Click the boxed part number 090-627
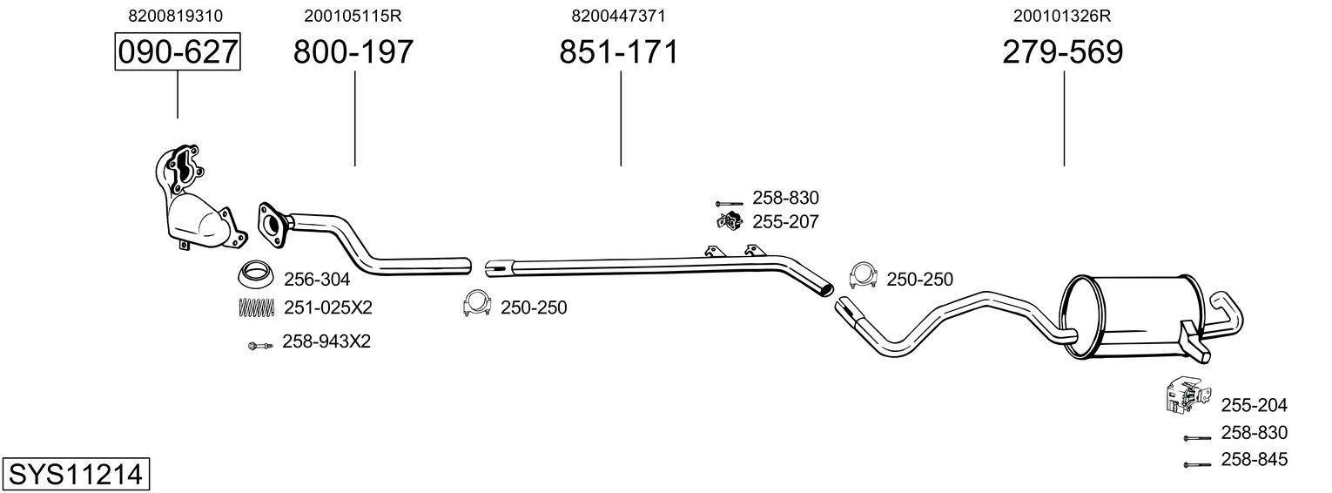point(178,52)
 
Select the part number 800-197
point(353,52)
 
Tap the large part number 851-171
point(618,52)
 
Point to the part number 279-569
point(1062,52)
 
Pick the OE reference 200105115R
point(353,16)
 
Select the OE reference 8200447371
point(619,16)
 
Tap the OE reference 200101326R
point(1062,16)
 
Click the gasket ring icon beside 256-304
point(255,274)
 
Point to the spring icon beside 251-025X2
point(256,307)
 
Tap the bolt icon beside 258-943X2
point(258,346)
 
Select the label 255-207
point(785,222)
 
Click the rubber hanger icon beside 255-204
point(1184,395)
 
